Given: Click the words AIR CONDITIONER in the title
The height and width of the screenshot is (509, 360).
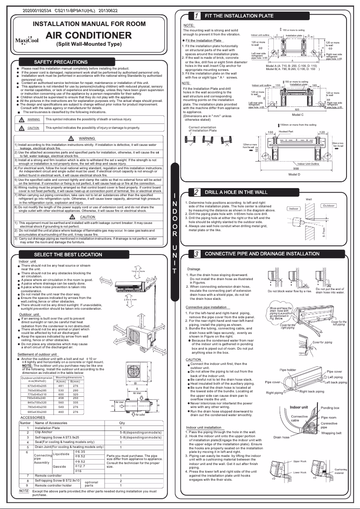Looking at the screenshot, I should pos(89,35).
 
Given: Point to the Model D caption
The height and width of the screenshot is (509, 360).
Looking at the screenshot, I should pos(294,174).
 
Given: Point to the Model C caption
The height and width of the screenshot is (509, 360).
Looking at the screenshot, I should pos(298,115).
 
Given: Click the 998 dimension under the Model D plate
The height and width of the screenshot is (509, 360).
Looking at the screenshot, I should pos(294,168).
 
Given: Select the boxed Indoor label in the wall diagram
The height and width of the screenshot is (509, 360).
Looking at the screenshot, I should pos(294,209).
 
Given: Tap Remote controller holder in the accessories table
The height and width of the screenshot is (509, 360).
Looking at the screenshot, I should pos(53,485).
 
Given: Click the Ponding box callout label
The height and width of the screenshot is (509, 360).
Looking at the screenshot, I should pos(330,408).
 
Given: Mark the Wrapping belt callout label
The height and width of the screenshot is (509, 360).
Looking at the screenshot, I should pos(331,433).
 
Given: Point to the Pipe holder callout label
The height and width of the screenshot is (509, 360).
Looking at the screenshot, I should pos(288,370).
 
